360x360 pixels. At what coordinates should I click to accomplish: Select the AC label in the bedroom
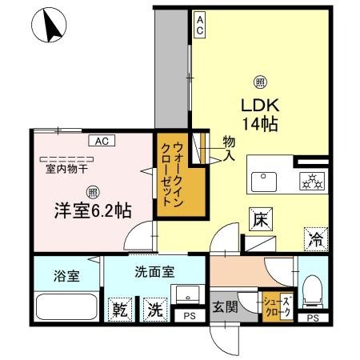pyautogui.click(x=101, y=141)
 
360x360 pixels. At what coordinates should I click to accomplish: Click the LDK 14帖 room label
pyautogui.click(x=261, y=114)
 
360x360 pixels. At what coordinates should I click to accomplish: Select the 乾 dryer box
pyautogui.click(x=121, y=309)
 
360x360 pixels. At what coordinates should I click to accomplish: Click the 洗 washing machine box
pyautogui.click(x=154, y=309)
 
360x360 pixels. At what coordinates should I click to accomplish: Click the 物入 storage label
pyautogui.click(x=229, y=150)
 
